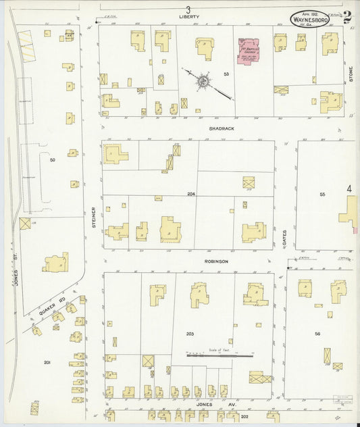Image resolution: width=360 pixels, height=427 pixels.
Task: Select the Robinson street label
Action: (217, 261)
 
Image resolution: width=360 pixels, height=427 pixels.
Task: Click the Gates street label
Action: (285, 236)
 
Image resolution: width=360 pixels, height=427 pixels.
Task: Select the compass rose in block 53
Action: (202, 82)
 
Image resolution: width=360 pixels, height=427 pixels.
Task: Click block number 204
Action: (191, 194)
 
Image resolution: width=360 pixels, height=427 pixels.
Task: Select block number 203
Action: (190, 334)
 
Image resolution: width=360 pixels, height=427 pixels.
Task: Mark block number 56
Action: (317, 334)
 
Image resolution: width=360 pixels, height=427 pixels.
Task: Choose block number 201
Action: (47, 363)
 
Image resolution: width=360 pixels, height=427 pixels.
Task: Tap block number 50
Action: (52, 160)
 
